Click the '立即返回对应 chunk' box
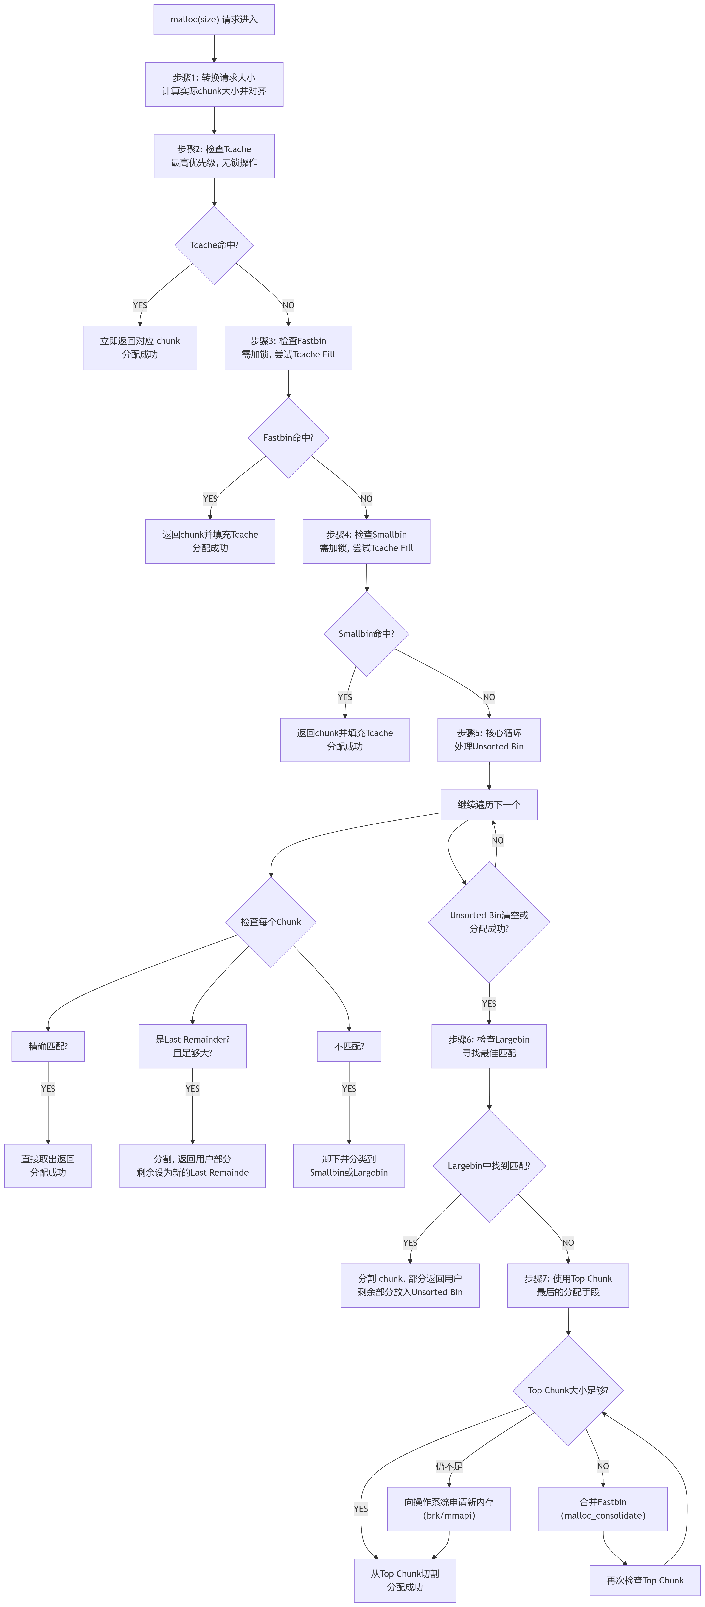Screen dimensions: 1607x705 coord(140,348)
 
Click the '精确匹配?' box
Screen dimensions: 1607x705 coord(48,1046)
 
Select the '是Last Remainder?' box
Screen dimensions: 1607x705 coord(192,1046)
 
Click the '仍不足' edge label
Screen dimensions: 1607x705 coord(449,1466)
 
